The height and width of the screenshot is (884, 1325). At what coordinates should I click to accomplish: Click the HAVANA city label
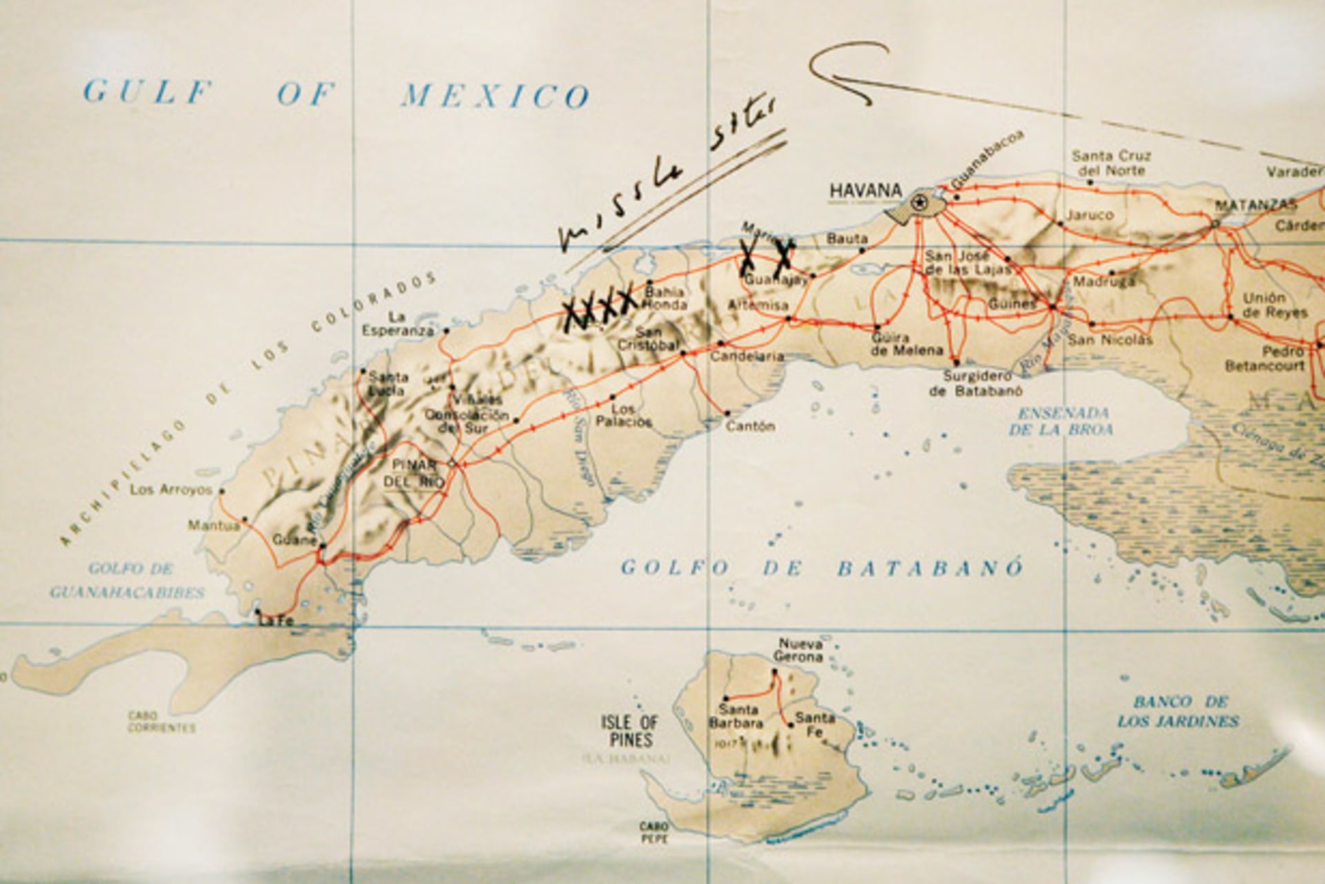pos(865,190)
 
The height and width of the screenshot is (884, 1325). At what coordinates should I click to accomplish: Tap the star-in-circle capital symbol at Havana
pos(919,202)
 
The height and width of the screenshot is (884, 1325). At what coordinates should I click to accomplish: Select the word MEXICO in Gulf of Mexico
pos(495,95)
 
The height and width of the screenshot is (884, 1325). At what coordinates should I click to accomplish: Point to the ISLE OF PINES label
pos(629,731)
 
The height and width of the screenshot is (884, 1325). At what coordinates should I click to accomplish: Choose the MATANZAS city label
pos(1255,205)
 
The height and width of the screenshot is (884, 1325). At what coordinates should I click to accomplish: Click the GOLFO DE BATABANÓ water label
pos(821,568)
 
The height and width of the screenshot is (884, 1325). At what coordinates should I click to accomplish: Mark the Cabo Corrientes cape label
pos(161,722)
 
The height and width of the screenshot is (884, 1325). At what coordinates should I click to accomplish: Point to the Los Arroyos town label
pos(171,490)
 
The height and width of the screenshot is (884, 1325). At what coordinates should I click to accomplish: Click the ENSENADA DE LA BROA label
pos(1062,421)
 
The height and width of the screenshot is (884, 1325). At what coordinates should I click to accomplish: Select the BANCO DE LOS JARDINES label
pos(1179,711)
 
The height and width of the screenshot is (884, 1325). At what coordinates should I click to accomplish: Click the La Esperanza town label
pos(396,324)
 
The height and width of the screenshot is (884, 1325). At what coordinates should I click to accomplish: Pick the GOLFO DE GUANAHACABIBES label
pos(128,581)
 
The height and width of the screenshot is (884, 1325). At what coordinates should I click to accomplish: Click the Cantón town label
pos(750,426)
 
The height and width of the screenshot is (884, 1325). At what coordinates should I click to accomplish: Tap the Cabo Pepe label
pos(653,832)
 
